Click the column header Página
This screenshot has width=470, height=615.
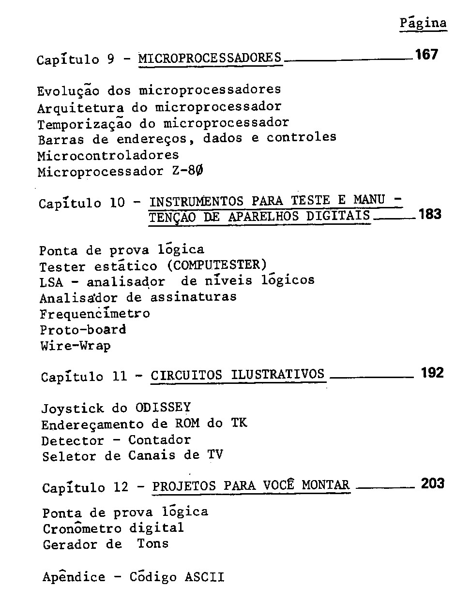pyautogui.click(x=423, y=23)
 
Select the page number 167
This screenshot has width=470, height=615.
pyautogui.click(x=426, y=55)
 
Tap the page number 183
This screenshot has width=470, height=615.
pyautogui.click(x=430, y=214)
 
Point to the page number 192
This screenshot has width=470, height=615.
pyautogui.click(x=432, y=373)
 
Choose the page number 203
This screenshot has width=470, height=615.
pyautogui.click(x=432, y=483)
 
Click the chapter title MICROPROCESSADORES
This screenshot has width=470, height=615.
pyautogui.click(x=210, y=59)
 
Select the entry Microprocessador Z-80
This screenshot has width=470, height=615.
pyautogui.click(x=121, y=172)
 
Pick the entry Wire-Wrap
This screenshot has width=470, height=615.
pyautogui.click(x=75, y=346)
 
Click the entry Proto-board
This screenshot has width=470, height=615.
pyautogui.click(x=83, y=330)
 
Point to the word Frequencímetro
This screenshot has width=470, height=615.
pyautogui.click(x=95, y=313)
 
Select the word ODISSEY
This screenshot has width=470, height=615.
pyautogui.click(x=163, y=407)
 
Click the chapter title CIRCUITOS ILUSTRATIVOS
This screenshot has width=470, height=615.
pyautogui.click(x=238, y=375)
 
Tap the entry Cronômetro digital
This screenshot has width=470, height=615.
pyautogui.click(x=113, y=528)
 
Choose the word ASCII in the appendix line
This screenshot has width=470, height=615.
pyautogui.click(x=204, y=577)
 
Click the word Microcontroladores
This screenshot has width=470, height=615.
pyautogui.click(x=108, y=155)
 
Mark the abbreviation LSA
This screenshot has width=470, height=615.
pyautogui.click(x=51, y=282)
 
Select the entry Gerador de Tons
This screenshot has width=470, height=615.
pyautogui.click(x=106, y=544)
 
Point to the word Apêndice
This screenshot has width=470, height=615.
pyautogui.click(x=74, y=577)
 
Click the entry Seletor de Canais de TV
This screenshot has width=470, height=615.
pyautogui.click(x=132, y=456)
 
